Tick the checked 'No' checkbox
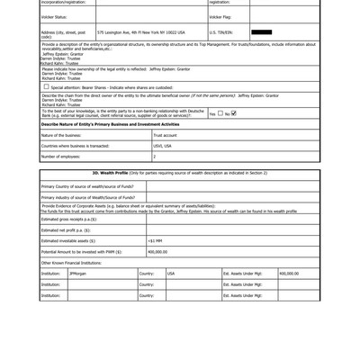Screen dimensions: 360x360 click(x=233, y=113)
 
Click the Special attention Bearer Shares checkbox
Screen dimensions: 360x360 click(x=46, y=87)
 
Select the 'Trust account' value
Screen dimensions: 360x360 click(x=166, y=135)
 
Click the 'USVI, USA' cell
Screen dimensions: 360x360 click(x=162, y=146)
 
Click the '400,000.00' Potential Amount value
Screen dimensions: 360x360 click(x=157, y=252)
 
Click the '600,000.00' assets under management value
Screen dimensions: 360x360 click(x=289, y=273)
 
